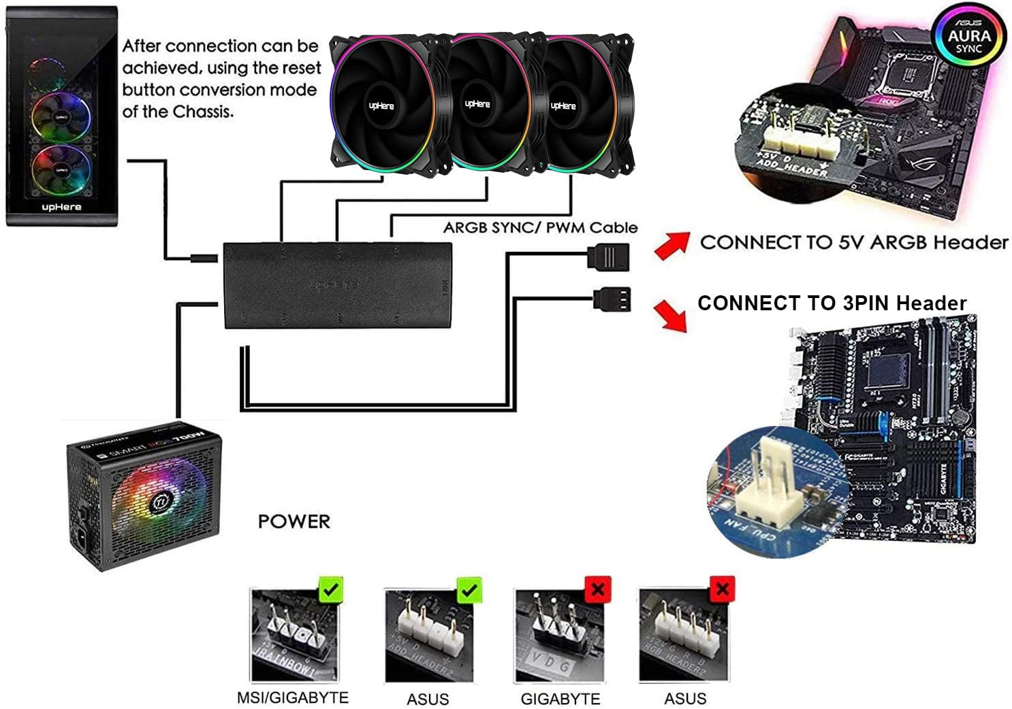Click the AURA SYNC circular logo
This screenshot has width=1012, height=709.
[968, 37]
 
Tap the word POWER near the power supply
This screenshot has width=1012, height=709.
[294, 521]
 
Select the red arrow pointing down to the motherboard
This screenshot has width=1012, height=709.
[671, 316]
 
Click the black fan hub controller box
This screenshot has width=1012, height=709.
[337, 285]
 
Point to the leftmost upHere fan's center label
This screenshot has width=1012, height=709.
[381, 105]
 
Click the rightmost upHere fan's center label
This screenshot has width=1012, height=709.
[563, 105]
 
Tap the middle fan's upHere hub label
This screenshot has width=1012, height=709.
[477, 104]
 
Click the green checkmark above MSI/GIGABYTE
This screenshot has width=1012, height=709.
[331, 589]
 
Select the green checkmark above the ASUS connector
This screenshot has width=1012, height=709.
[469, 590]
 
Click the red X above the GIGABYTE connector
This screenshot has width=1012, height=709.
[598, 589]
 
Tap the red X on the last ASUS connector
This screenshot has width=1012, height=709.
[722, 589]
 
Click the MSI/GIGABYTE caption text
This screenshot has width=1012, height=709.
[292, 697]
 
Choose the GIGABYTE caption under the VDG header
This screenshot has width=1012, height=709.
[560, 699]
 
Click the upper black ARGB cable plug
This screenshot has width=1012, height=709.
[609, 256]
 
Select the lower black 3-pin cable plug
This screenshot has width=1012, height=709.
[612, 299]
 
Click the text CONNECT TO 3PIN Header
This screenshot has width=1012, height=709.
[832, 303]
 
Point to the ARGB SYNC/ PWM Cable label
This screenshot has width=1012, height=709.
[540, 227]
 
